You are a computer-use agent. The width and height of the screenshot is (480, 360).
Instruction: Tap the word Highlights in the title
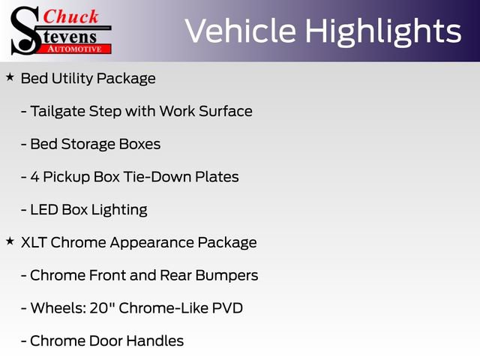(383, 31)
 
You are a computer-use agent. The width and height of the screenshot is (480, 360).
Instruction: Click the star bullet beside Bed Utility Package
(10, 77)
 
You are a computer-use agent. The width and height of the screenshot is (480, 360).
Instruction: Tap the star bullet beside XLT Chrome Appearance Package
(10, 241)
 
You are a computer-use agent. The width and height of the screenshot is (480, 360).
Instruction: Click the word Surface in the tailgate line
(226, 111)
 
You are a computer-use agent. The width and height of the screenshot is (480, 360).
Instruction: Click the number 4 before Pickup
(34, 177)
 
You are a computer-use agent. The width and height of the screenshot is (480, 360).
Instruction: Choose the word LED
(43, 210)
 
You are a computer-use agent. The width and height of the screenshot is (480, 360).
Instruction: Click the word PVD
(228, 308)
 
